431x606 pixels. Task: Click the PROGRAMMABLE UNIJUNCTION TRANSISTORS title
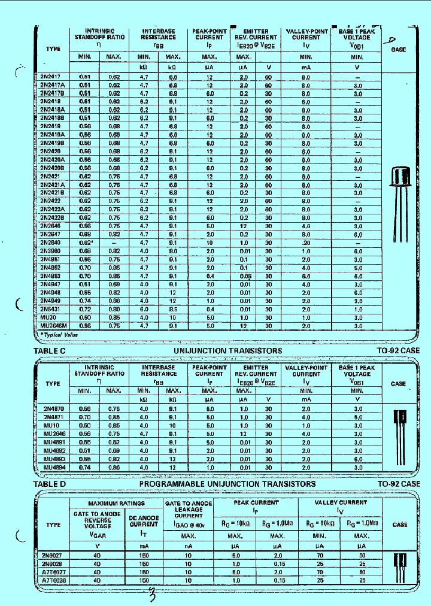pos(227,483)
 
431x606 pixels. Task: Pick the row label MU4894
pos(53,466)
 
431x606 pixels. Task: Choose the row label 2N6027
pos(53,555)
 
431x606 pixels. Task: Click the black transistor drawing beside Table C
pos(399,434)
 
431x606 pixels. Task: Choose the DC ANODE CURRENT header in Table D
pos(144,520)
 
